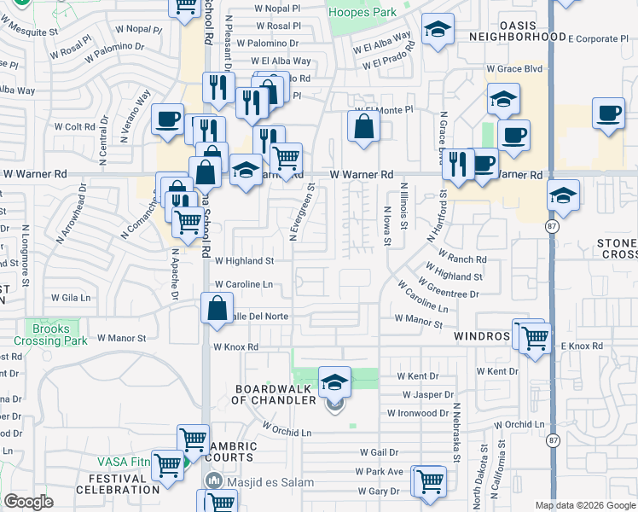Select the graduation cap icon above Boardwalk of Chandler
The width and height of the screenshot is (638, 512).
[335, 381]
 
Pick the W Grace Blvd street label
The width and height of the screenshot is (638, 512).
[514, 68]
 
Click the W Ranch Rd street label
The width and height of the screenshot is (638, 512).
[462, 258]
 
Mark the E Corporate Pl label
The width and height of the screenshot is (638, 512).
[602, 39]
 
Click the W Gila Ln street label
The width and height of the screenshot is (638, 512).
[71, 298]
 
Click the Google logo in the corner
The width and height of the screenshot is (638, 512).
[29, 502]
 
